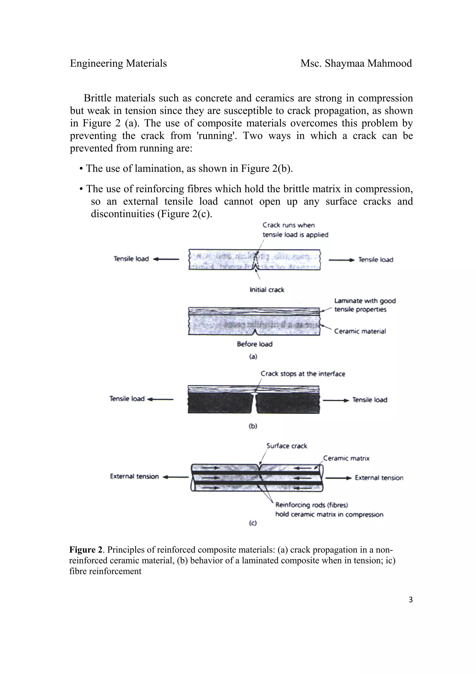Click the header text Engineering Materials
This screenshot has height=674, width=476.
click(118, 63)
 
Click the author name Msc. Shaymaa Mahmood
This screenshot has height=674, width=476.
click(356, 63)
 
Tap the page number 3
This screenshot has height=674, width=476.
click(410, 600)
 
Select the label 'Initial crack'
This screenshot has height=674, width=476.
click(267, 290)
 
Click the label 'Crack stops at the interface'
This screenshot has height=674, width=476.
click(303, 374)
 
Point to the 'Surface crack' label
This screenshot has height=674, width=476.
click(287, 446)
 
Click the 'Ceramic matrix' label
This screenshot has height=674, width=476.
click(346, 458)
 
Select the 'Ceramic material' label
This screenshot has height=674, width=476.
click(360, 331)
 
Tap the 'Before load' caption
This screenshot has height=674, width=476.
click(255, 344)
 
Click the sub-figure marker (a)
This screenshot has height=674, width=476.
click(253, 357)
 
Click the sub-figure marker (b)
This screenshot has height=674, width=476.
click(253, 426)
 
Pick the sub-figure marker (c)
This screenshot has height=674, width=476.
click(252, 523)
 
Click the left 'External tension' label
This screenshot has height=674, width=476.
click(134, 476)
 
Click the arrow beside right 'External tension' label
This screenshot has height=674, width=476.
click(338, 478)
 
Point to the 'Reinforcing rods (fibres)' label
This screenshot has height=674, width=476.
click(311, 505)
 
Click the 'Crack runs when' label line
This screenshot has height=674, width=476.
click(289, 225)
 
